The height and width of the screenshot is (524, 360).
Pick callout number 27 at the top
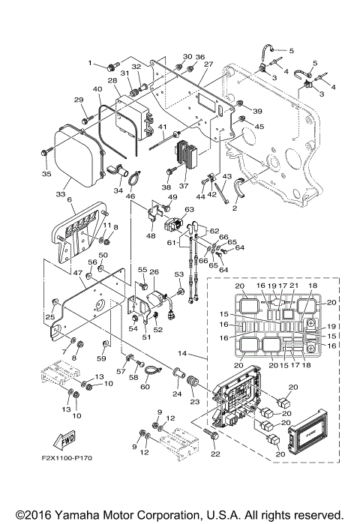click(208, 64)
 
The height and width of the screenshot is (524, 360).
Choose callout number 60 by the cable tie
click(145, 386)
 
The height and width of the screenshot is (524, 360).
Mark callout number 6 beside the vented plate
click(70, 200)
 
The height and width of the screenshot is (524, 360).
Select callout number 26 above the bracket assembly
click(154, 271)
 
